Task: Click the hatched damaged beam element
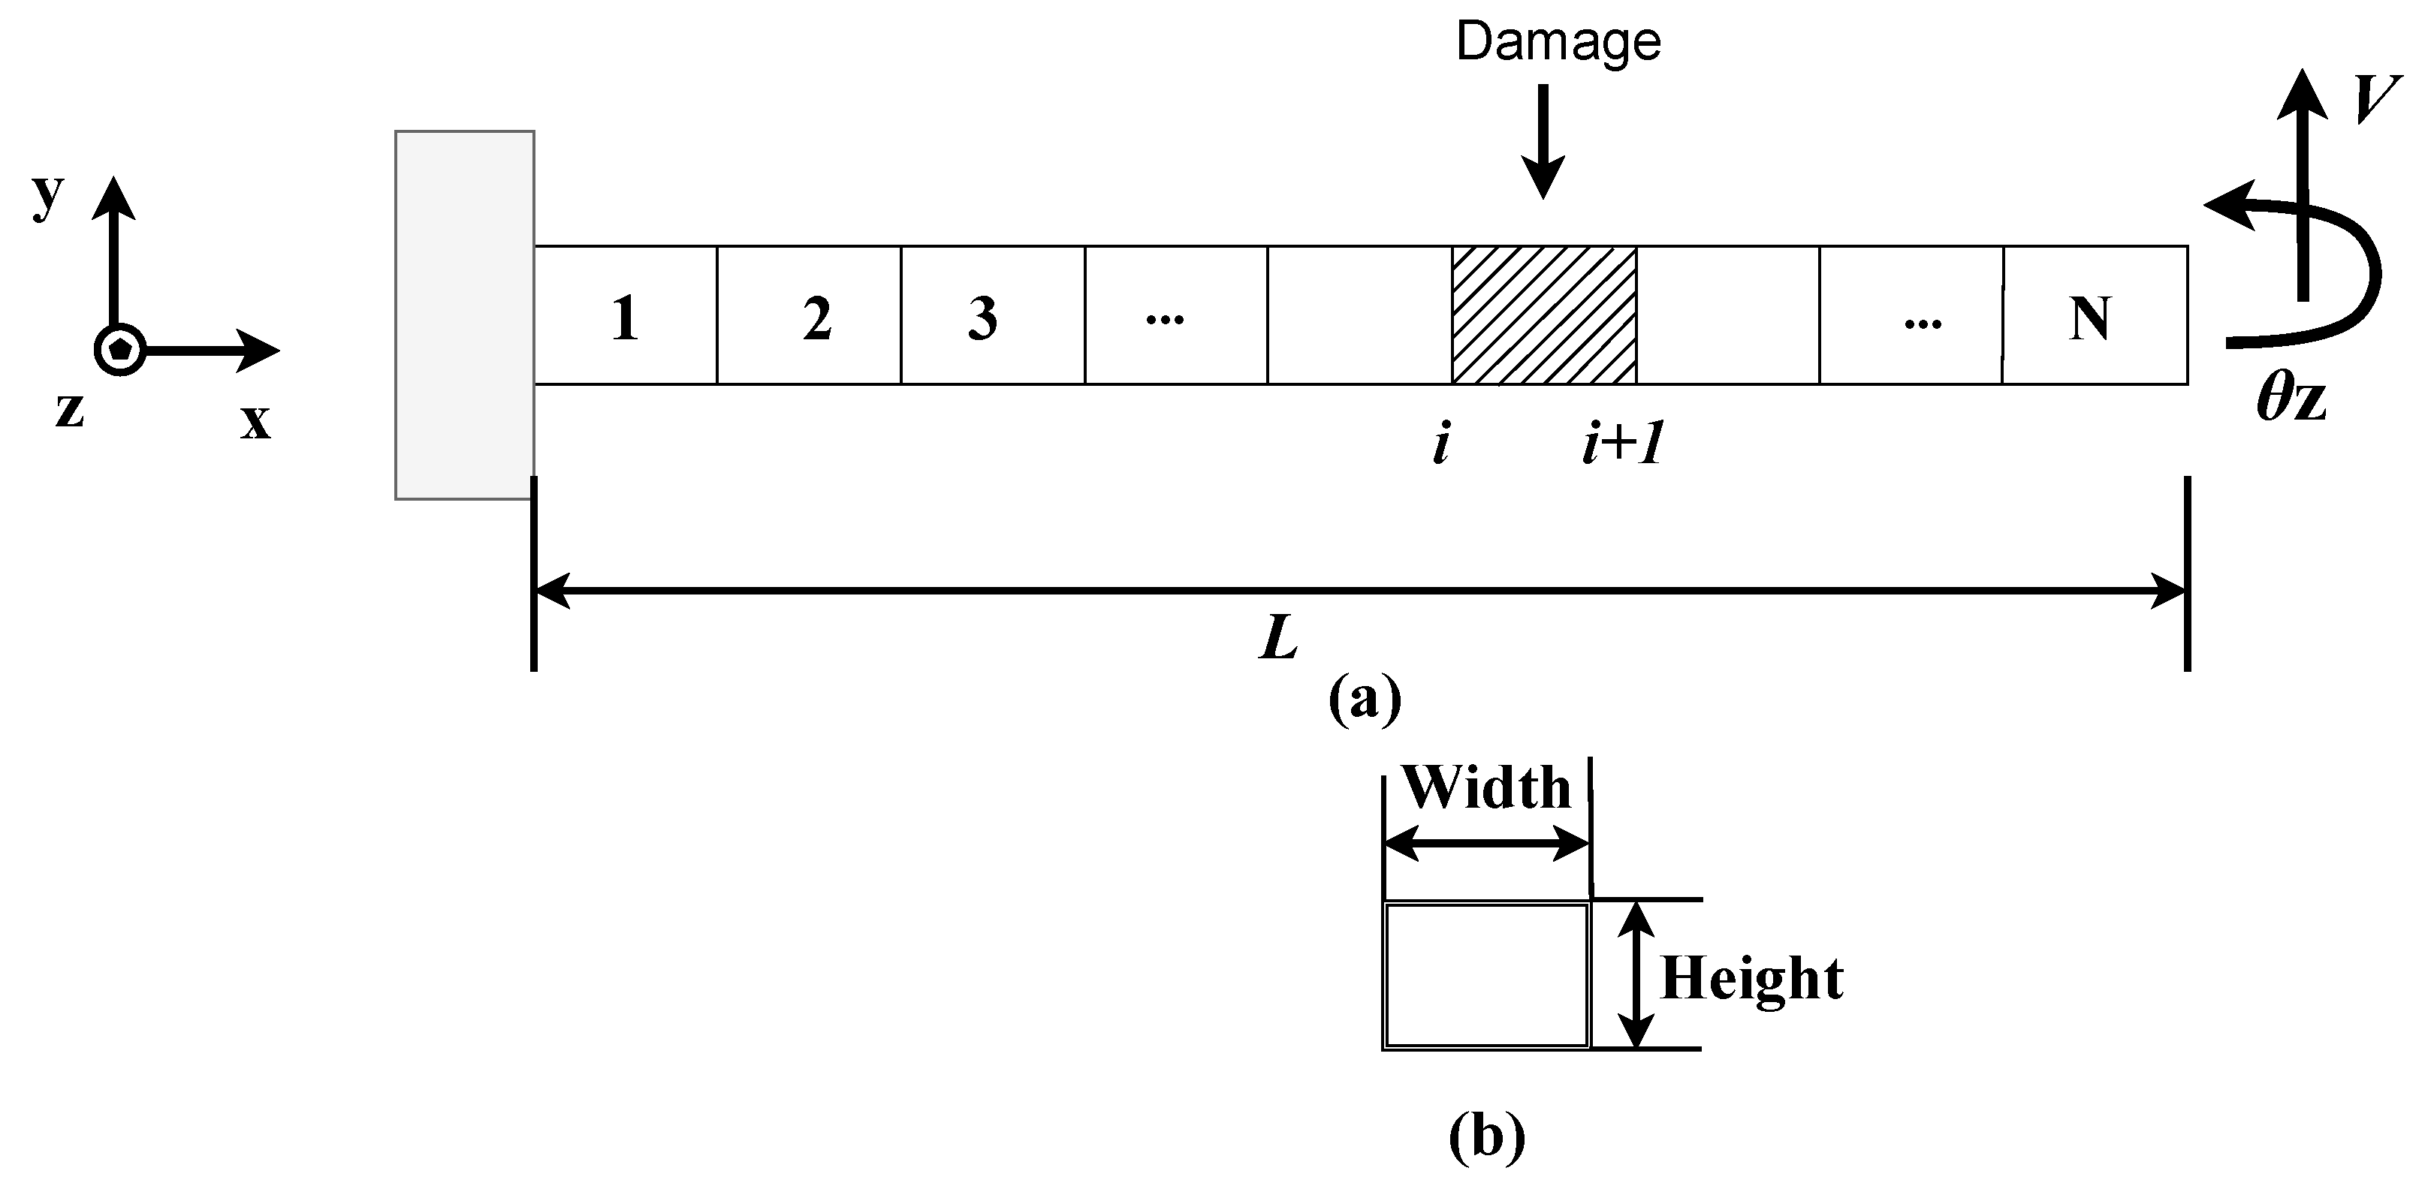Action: (x=1543, y=315)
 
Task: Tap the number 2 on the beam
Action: (x=816, y=318)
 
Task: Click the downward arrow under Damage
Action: (x=1543, y=141)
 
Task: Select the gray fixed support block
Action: (x=463, y=315)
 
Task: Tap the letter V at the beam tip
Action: (x=2374, y=99)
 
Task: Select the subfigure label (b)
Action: (x=1485, y=1136)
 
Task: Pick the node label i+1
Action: (x=1621, y=444)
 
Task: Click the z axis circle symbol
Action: (x=119, y=350)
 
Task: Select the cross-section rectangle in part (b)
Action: (x=1486, y=975)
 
